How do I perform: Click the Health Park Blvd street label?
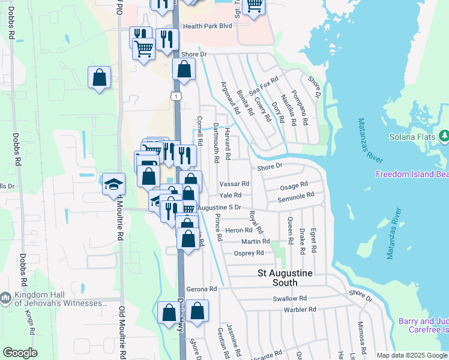click(x=207, y=26)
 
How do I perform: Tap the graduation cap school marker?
click(x=113, y=185)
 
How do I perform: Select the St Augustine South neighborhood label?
click(x=285, y=278)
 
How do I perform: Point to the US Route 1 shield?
click(x=174, y=95)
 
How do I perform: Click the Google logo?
click(x=20, y=353)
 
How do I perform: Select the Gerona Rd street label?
click(x=201, y=289)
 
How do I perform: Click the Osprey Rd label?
click(x=249, y=253)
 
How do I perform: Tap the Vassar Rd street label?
click(x=234, y=184)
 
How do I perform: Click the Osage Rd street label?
click(x=294, y=185)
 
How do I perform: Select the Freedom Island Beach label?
click(x=412, y=175)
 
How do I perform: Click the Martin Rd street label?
click(x=256, y=241)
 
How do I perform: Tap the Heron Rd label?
click(x=238, y=230)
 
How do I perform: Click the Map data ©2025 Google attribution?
click(x=412, y=355)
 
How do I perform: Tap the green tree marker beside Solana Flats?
click(x=444, y=136)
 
